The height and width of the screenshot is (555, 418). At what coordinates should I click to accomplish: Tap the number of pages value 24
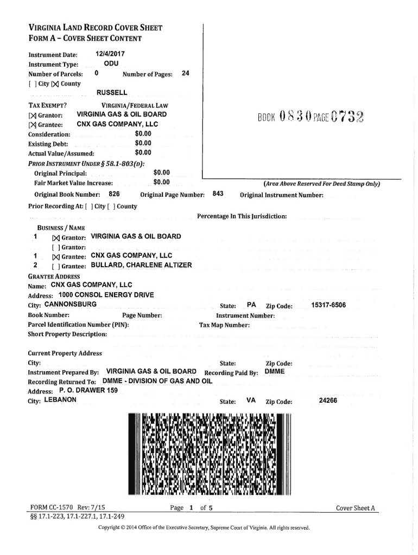(x=185, y=74)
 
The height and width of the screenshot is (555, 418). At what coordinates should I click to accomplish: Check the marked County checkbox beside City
(x=54, y=83)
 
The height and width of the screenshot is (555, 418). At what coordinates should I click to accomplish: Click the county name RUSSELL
(x=111, y=93)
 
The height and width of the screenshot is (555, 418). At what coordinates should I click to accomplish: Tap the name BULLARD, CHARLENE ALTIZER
(x=141, y=266)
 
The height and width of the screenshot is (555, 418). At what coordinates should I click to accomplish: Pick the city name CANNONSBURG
(x=71, y=305)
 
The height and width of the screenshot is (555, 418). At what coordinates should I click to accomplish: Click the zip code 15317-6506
(x=328, y=305)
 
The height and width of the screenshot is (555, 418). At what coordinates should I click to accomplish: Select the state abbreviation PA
(x=251, y=305)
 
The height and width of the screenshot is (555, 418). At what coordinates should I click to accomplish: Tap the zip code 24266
(x=328, y=401)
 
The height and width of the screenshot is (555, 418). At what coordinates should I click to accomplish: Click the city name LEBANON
(x=61, y=401)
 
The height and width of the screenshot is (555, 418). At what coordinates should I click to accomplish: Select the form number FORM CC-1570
(x=54, y=508)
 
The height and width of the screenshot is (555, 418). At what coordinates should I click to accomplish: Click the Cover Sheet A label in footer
(x=356, y=508)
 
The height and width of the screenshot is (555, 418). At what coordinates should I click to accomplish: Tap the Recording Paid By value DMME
(x=274, y=372)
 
